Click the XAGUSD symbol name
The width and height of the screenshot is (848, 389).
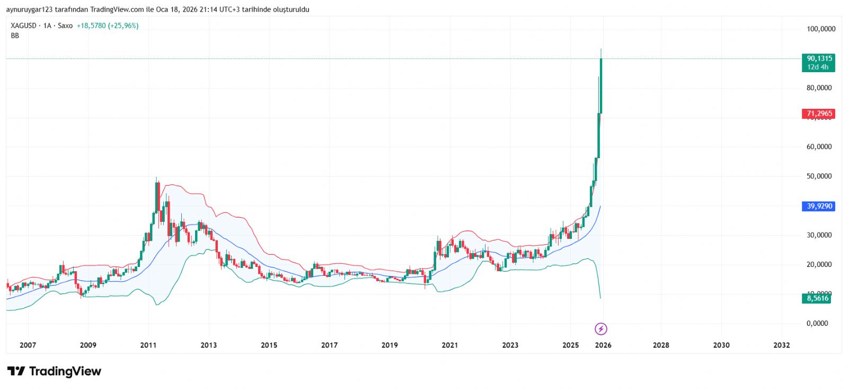coord(24,25)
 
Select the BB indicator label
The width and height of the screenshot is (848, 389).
coord(15,36)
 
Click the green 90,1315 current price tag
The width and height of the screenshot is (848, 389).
coord(819,58)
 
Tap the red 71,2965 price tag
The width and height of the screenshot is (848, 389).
coord(819,114)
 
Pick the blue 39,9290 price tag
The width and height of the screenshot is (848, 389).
coord(819,206)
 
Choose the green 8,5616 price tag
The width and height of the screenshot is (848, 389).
coord(817,298)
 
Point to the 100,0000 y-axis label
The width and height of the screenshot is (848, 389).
coord(820,29)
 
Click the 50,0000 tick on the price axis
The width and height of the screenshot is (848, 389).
coord(819,176)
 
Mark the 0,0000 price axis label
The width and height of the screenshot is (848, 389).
coord(817,323)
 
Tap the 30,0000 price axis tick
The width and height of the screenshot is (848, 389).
coord(819,235)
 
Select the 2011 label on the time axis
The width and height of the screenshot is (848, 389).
coord(148,345)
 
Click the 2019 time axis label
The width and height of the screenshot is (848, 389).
coord(390,345)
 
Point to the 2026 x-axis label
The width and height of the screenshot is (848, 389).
coord(603,345)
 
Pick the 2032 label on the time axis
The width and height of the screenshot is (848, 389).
coord(781,345)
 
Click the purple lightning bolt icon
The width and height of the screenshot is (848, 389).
coord(600,329)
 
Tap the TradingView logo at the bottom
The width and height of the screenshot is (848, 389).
coord(54,371)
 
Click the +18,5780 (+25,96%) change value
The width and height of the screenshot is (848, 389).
coord(108,25)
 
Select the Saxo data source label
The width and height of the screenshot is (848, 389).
coord(65,25)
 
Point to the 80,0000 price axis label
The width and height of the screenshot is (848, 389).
coord(819,88)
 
